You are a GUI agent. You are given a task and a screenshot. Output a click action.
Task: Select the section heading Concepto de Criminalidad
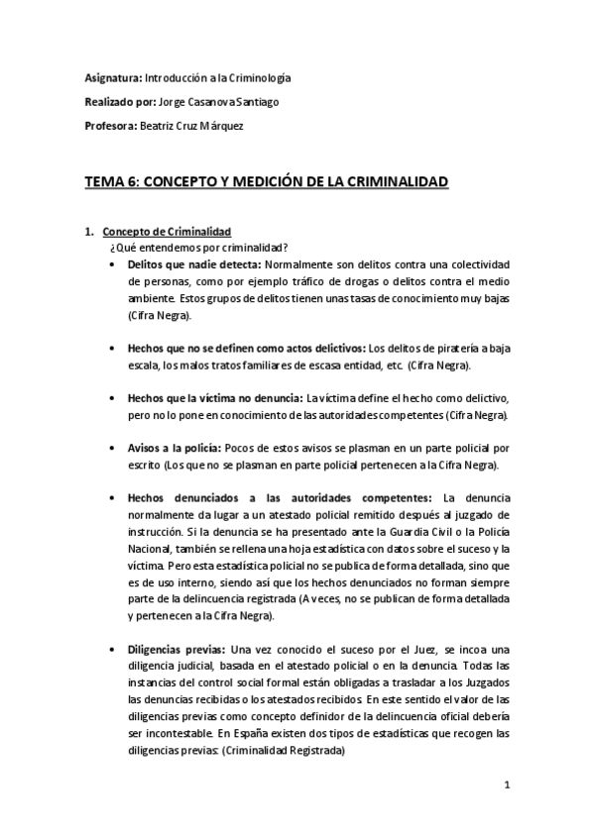166,232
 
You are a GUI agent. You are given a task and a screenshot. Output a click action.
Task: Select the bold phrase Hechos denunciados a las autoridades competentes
281,497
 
